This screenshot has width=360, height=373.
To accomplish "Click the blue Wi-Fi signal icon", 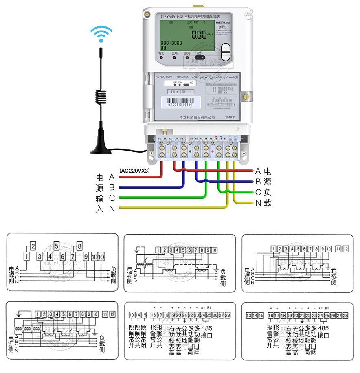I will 101,35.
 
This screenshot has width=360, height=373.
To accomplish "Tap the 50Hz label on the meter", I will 174,92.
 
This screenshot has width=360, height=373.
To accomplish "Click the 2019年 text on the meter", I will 230,117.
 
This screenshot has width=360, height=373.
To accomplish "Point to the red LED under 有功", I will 161,57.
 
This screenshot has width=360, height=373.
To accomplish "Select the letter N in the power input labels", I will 112,209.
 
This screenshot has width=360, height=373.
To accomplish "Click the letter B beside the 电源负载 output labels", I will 258,182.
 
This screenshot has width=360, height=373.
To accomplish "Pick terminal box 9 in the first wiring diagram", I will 86,257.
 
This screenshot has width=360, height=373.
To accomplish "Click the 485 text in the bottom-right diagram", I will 323,328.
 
